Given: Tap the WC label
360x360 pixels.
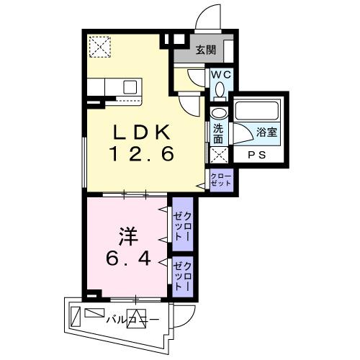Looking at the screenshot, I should (220, 73).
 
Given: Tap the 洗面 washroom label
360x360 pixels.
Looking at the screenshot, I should (218, 134).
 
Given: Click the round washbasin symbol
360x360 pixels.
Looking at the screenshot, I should (218, 113).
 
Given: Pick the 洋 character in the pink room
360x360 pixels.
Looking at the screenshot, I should (128, 236).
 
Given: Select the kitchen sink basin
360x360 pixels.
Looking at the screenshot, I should (130, 86).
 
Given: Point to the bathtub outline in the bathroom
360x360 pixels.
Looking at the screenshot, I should (258, 112).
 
